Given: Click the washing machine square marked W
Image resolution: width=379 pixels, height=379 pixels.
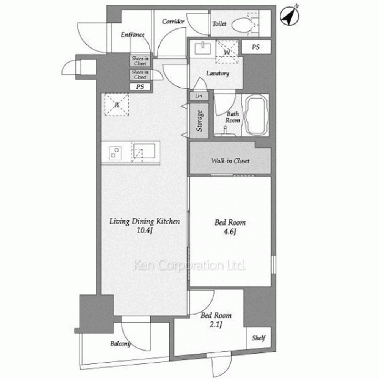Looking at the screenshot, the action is pyautogui.click(x=227, y=52).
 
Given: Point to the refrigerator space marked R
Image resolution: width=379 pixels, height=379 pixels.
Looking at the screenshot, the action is pyautogui.click(x=116, y=105).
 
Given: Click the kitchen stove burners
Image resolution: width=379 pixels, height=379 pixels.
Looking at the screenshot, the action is pyautogui.click(x=115, y=153).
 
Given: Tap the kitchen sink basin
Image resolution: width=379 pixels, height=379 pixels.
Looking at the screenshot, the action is pyautogui.click(x=144, y=151).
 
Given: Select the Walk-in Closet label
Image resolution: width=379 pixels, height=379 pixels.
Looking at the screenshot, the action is pyautogui.click(x=230, y=161).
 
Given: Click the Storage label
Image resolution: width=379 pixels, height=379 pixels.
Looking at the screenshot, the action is pyautogui.click(x=199, y=121).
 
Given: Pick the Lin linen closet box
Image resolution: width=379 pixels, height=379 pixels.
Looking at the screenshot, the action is pyautogui.click(x=199, y=96).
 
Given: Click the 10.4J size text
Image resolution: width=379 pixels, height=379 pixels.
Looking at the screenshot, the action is pyautogui.click(x=144, y=230).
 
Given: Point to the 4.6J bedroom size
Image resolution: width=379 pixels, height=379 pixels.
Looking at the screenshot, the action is pyautogui.click(x=230, y=231).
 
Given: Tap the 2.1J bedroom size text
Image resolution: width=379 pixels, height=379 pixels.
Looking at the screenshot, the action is pyautogui.click(x=216, y=324).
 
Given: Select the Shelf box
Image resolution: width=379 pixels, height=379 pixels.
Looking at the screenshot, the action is pyautogui.click(x=258, y=338).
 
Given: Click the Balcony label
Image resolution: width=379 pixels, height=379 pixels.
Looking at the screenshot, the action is pyautogui.click(x=121, y=343).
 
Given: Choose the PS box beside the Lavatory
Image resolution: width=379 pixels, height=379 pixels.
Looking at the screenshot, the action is pyautogui.click(x=256, y=47).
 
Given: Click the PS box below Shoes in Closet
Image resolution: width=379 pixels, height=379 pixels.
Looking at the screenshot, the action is pyautogui.click(x=140, y=86).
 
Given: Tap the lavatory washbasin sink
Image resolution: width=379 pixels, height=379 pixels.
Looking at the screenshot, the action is pyautogui.click(x=202, y=48).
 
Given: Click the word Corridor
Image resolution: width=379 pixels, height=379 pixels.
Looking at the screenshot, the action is pyautogui.click(x=173, y=22).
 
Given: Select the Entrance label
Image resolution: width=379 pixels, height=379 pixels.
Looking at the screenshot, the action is pyautogui.click(x=132, y=34).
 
